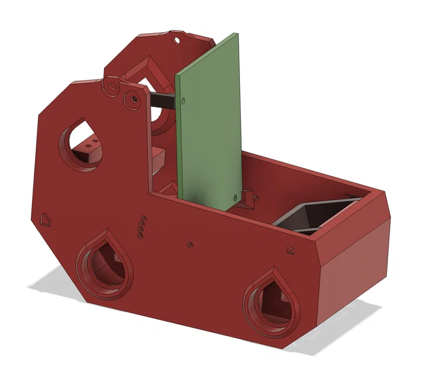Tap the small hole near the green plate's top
click(x=183, y=100)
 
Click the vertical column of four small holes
click(x=140, y=228)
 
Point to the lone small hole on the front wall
click(x=189, y=244)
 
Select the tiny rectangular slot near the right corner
click(x=289, y=250)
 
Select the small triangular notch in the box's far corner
click(x=352, y=196)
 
